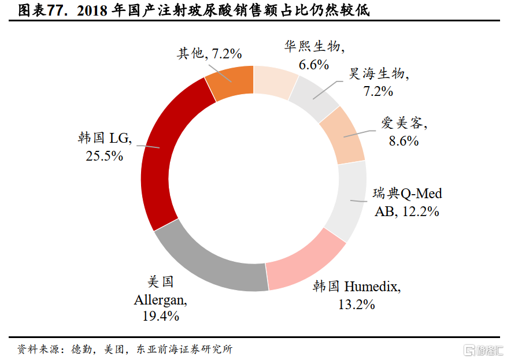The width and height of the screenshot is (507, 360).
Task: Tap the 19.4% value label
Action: pos(161,316)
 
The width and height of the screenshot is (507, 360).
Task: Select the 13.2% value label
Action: pos(356,304)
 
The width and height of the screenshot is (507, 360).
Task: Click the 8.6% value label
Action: pos(404,140)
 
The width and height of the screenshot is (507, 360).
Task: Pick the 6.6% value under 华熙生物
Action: pos(314,64)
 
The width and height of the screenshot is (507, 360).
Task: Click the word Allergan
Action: pos(160,300)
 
